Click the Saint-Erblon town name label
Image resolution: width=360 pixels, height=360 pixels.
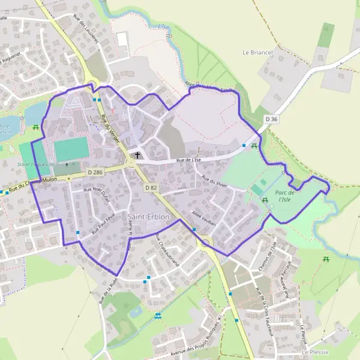(x=149, y=216)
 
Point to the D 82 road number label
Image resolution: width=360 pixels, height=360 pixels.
(x=151, y=188)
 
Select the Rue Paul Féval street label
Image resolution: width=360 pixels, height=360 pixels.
(x=103, y=224)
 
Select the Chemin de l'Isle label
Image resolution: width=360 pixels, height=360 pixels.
(x=266, y=256)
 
